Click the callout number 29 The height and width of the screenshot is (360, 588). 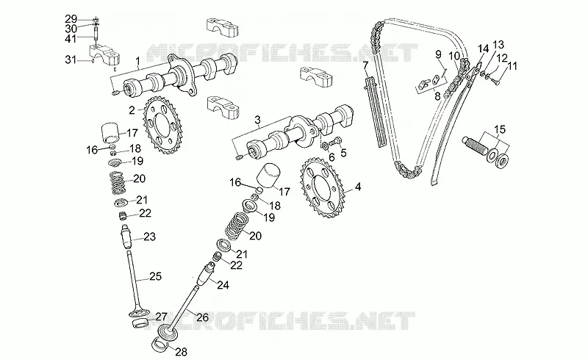pyautogui.click(x=71, y=19)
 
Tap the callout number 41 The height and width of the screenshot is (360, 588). pyautogui.click(x=71, y=39)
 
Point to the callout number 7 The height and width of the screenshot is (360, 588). pyautogui.click(x=365, y=66)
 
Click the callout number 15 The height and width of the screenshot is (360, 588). pyautogui.click(x=500, y=130)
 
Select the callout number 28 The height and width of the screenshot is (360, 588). pyautogui.click(x=181, y=352)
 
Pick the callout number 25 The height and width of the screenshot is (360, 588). pyautogui.click(x=155, y=277)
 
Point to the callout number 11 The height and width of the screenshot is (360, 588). pyautogui.click(x=512, y=66)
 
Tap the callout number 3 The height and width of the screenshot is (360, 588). pyautogui.click(x=257, y=120)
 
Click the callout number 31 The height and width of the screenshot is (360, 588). pyautogui.click(x=71, y=60)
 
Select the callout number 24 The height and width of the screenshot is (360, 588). pyautogui.click(x=223, y=285)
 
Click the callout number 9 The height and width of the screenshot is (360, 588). pyautogui.click(x=438, y=54)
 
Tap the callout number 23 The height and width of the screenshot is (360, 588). pyautogui.click(x=150, y=237)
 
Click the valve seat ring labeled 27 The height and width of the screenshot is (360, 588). pyautogui.click(x=140, y=322)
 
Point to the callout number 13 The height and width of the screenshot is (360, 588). pyautogui.click(x=498, y=45)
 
